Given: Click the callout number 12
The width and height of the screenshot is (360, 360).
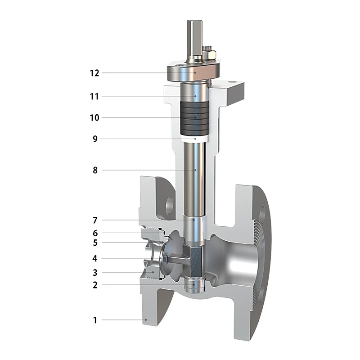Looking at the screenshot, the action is [x=94, y=73].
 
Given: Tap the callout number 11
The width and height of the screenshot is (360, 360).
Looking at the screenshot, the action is [x=94, y=96].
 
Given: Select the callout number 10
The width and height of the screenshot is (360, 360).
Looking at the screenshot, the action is [x=94, y=118].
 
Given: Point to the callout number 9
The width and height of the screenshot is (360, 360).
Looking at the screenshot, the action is [x=95, y=139].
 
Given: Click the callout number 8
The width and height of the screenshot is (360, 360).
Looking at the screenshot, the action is [x=95, y=171].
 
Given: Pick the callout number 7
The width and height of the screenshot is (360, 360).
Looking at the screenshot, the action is [x=95, y=220].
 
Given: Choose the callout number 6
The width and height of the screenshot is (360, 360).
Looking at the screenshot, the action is [x=95, y=233].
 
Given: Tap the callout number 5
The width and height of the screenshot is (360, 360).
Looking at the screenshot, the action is [x=95, y=243].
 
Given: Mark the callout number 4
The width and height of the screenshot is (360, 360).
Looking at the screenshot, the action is [x=95, y=258].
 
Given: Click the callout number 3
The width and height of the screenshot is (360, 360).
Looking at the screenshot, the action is [x=95, y=273].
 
